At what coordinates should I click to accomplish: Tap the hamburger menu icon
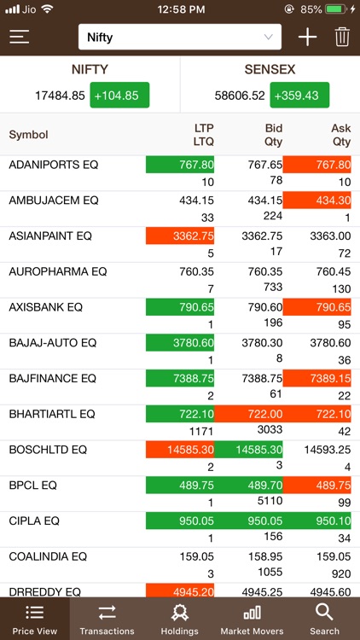tap(20, 37)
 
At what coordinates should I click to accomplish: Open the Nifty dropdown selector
tap(180, 37)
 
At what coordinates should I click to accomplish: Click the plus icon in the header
tap(307, 37)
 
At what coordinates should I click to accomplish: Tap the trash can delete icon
tap(342, 37)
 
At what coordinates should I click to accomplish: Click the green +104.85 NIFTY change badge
tap(119, 96)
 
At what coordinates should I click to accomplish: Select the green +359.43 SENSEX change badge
tap(299, 96)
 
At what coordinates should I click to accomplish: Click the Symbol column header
tap(28, 135)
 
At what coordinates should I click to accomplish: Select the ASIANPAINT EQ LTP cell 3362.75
tap(180, 236)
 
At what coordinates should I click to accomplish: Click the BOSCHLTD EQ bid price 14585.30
tap(248, 450)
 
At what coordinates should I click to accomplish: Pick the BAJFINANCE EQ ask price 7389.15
tap(316, 378)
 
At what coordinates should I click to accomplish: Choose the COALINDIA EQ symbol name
tap(48, 556)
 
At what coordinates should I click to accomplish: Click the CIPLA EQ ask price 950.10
tap(316, 521)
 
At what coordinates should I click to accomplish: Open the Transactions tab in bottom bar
tap(107, 619)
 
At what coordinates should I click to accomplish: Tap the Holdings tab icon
tap(179, 613)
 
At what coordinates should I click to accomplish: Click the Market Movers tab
tap(253, 619)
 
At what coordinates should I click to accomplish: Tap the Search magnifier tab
tap(324, 619)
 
